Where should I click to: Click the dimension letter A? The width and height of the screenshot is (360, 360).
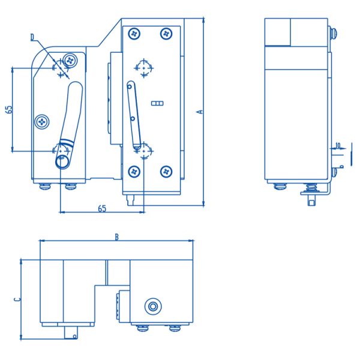click(x=200, y=111)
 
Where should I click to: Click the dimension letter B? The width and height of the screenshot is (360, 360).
click(x=116, y=236)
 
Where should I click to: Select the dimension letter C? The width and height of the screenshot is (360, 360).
click(x=17, y=298)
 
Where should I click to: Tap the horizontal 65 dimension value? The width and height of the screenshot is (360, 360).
click(x=102, y=208)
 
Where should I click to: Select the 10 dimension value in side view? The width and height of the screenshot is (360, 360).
click(x=338, y=145)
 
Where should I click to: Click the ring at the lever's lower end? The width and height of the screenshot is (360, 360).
click(x=62, y=161)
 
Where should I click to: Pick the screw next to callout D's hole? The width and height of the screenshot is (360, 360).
click(x=72, y=60)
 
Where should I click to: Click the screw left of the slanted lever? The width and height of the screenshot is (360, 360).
click(x=42, y=121)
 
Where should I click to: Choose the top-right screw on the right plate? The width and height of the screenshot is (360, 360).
click(x=166, y=32)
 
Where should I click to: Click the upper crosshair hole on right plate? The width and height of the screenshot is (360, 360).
click(x=144, y=67)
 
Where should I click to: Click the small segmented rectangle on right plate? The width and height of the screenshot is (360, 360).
click(x=157, y=103)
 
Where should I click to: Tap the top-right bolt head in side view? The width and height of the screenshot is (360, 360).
click(x=332, y=33)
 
